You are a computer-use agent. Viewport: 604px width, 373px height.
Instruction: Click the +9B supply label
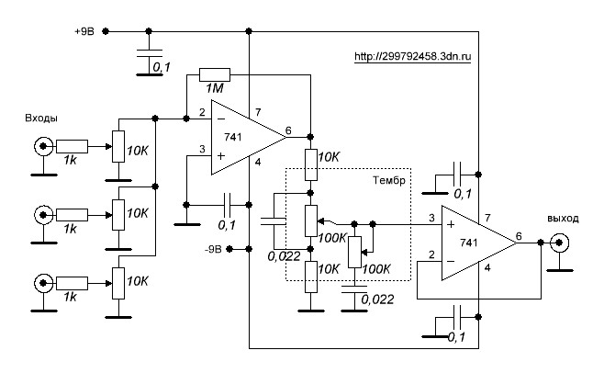click(x=84, y=30)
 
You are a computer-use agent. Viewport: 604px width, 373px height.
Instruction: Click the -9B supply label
click(x=213, y=248)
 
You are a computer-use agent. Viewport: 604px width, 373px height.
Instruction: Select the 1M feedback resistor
click(x=216, y=74)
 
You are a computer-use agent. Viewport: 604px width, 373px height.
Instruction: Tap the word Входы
click(x=43, y=119)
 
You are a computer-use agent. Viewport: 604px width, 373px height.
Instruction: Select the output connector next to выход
click(x=558, y=243)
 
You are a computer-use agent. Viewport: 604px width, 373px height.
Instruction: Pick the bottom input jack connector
click(x=41, y=281)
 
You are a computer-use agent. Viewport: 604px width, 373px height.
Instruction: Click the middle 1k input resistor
click(x=72, y=214)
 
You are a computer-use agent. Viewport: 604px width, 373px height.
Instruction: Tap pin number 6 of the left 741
click(x=289, y=130)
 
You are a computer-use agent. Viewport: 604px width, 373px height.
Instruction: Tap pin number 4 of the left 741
click(x=258, y=163)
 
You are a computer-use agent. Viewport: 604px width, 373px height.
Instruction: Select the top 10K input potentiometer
click(x=117, y=145)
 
